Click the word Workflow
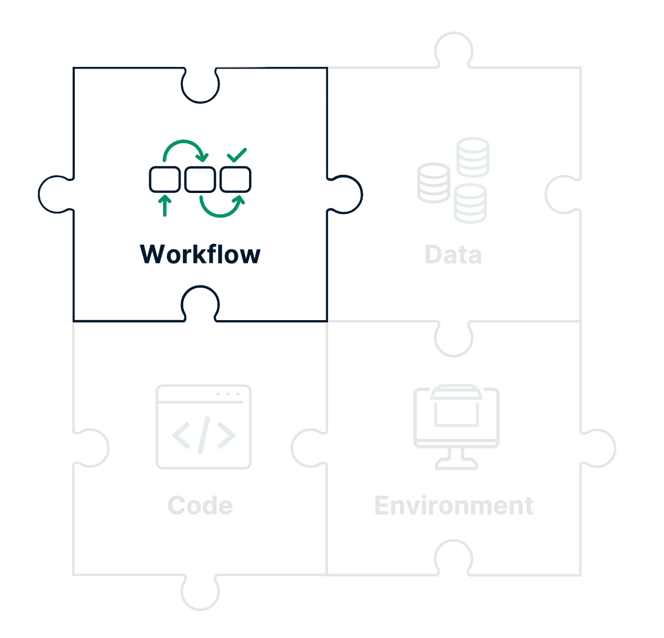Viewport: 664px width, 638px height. [x=200, y=254]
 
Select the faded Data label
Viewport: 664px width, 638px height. [x=453, y=255]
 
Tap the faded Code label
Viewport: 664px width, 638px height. [x=200, y=506]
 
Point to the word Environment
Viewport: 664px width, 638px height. [x=453, y=506]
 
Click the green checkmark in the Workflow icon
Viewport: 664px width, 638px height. [x=237, y=154]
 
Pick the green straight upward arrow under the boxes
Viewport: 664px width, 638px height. [x=165, y=205]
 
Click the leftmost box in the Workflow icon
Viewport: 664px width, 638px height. [x=165, y=179]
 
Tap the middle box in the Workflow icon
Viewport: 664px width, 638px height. [x=200, y=179]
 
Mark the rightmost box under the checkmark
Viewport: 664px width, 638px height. [x=236, y=179]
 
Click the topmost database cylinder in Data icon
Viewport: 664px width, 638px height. [x=473, y=157]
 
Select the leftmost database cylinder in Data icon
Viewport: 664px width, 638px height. [x=434, y=183]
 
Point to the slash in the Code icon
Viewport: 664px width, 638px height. [x=204, y=435]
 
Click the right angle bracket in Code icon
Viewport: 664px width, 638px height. [x=226, y=435]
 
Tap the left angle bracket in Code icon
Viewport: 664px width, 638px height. [x=181, y=435]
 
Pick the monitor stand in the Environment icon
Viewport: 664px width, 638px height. [x=456, y=459]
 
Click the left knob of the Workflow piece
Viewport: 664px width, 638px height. [x=55, y=194]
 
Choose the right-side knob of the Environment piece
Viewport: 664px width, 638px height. [x=599, y=448]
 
